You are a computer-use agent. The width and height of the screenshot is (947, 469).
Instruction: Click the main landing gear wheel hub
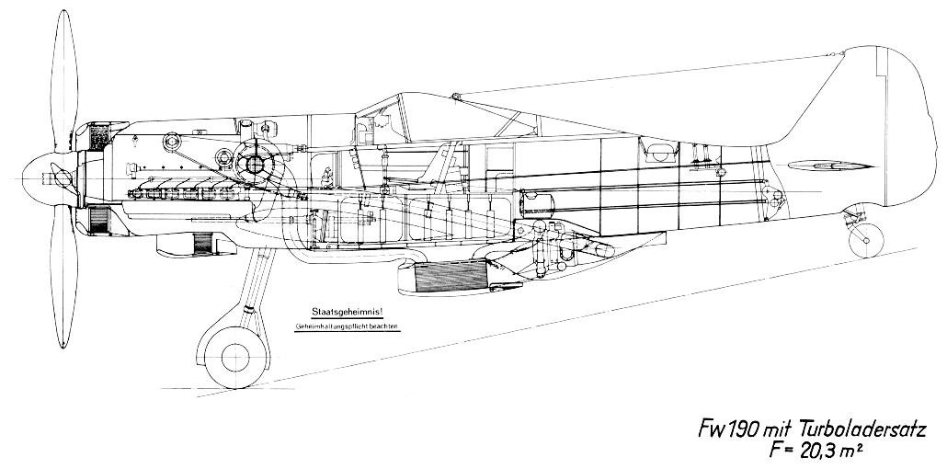click(x=235, y=357)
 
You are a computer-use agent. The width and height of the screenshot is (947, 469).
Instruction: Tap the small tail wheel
click(x=865, y=241)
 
